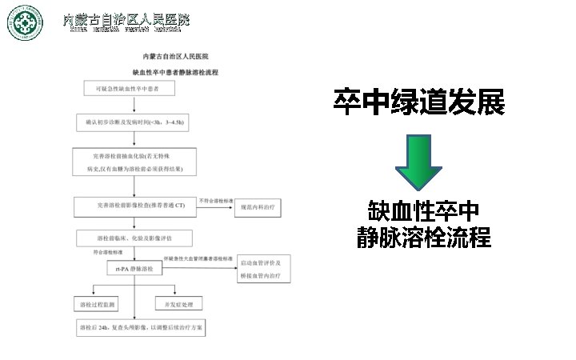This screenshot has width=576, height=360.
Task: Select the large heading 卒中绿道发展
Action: pos(418,102)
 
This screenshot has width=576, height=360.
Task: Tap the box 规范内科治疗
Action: pos(259,206)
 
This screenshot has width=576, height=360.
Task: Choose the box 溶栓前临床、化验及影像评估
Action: pos(134,238)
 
